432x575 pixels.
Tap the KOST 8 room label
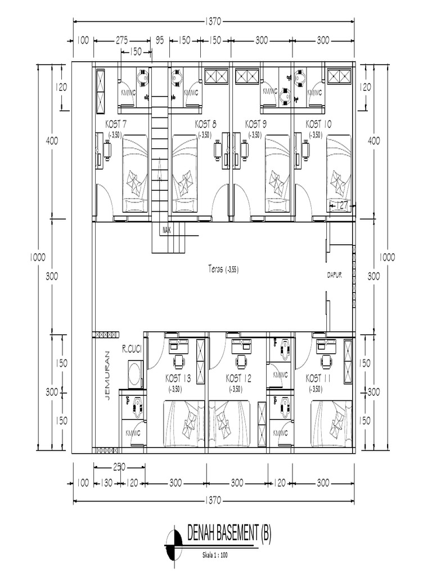point(206,124)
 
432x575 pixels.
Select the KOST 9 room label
point(256,124)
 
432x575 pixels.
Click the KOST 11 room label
point(319,378)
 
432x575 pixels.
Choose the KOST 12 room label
point(238,378)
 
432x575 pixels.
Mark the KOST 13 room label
point(178,378)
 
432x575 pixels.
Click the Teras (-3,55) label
point(223,270)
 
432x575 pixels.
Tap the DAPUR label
point(335,275)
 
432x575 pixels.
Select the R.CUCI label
point(131,349)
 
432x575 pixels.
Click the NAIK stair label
point(166,230)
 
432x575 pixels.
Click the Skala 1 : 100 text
point(216,555)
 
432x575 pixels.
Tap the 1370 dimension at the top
point(214,22)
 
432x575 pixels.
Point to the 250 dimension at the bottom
point(119,466)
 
